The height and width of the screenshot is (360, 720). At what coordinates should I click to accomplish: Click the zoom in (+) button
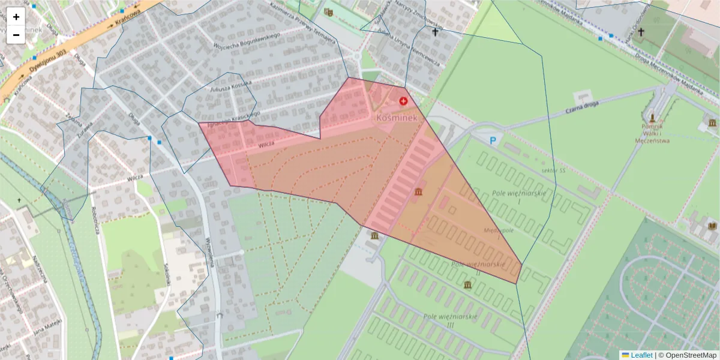(x=16, y=17)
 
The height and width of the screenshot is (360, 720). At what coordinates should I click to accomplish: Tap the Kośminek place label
(x=396, y=118)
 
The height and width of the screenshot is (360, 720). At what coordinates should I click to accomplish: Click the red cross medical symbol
(x=403, y=101)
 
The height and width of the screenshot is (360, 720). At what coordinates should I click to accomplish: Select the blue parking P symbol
(x=493, y=141)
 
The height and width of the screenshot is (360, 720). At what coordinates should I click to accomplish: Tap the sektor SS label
(x=553, y=171)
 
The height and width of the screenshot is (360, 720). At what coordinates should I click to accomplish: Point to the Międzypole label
(x=500, y=230)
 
